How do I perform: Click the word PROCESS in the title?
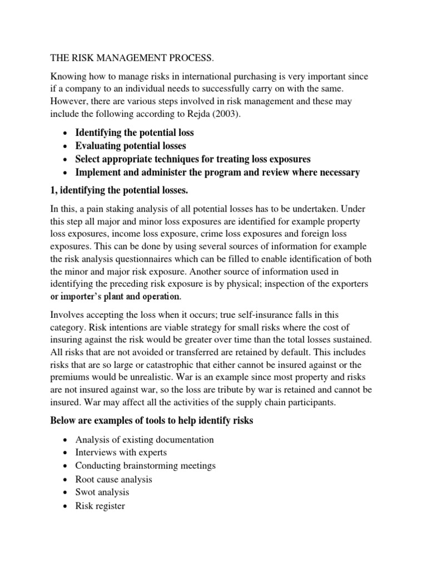pos(187,57)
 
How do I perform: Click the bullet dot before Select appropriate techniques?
pos(67,160)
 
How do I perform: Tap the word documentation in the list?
pos(182,440)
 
